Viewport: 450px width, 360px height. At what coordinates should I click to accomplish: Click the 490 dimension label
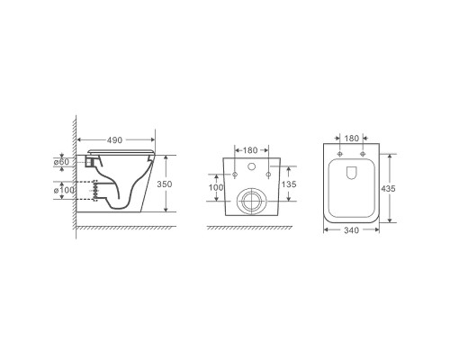click(x=114, y=140)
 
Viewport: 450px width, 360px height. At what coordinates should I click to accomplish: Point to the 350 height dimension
click(x=165, y=184)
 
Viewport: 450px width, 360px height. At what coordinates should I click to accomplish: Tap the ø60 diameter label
click(x=61, y=162)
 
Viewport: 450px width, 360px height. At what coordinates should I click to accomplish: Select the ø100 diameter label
click(x=64, y=190)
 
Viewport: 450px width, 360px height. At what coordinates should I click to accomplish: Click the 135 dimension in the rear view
click(x=289, y=184)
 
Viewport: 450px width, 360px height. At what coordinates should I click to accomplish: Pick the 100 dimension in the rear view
click(x=216, y=187)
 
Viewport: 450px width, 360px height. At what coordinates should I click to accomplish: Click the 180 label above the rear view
click(x=250, y=150)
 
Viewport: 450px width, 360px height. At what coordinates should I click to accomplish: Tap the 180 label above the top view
click(x=351, y=139)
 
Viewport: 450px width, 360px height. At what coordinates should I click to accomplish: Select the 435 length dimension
click(x=388, y=189)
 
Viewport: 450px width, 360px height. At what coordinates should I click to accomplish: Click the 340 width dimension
click(x=351, y=230)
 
